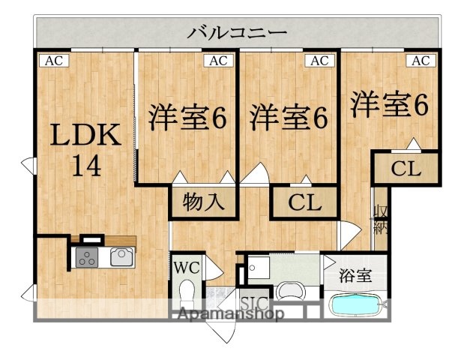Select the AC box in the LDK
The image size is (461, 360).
tap(51, 61)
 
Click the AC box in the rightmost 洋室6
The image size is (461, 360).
tap(420, 61)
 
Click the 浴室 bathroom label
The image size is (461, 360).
tap(355, 274)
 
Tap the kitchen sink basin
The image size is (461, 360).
tap(121, 257)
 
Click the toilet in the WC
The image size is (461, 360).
tap(187, 291)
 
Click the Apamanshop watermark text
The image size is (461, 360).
tap(229, 316)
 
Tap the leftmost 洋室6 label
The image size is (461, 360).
tap(187, 118)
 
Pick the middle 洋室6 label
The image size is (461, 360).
tap(289, 118)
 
